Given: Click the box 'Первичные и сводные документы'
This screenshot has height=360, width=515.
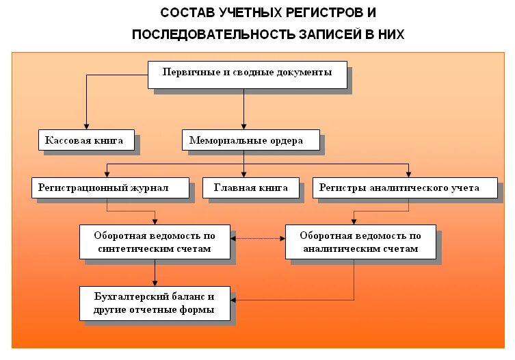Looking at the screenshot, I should [x=247, y=74].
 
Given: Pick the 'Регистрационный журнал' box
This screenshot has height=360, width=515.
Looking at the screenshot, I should [x=109, y=187].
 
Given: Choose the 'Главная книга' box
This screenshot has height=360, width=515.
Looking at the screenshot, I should [x=250, y=187].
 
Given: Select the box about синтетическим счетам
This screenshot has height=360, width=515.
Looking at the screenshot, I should [x=154, y=242].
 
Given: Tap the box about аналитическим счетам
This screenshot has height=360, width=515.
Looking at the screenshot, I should [x=360, y=242].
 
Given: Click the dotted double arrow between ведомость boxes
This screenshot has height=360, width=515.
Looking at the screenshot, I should [x=258, y=238].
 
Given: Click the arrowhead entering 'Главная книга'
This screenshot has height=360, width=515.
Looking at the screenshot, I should [x=244, y=175].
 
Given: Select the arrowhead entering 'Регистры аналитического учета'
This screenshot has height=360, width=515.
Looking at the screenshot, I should [x=408, y=175].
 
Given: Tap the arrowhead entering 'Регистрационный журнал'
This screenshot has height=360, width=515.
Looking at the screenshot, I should [x=107, y=175].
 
